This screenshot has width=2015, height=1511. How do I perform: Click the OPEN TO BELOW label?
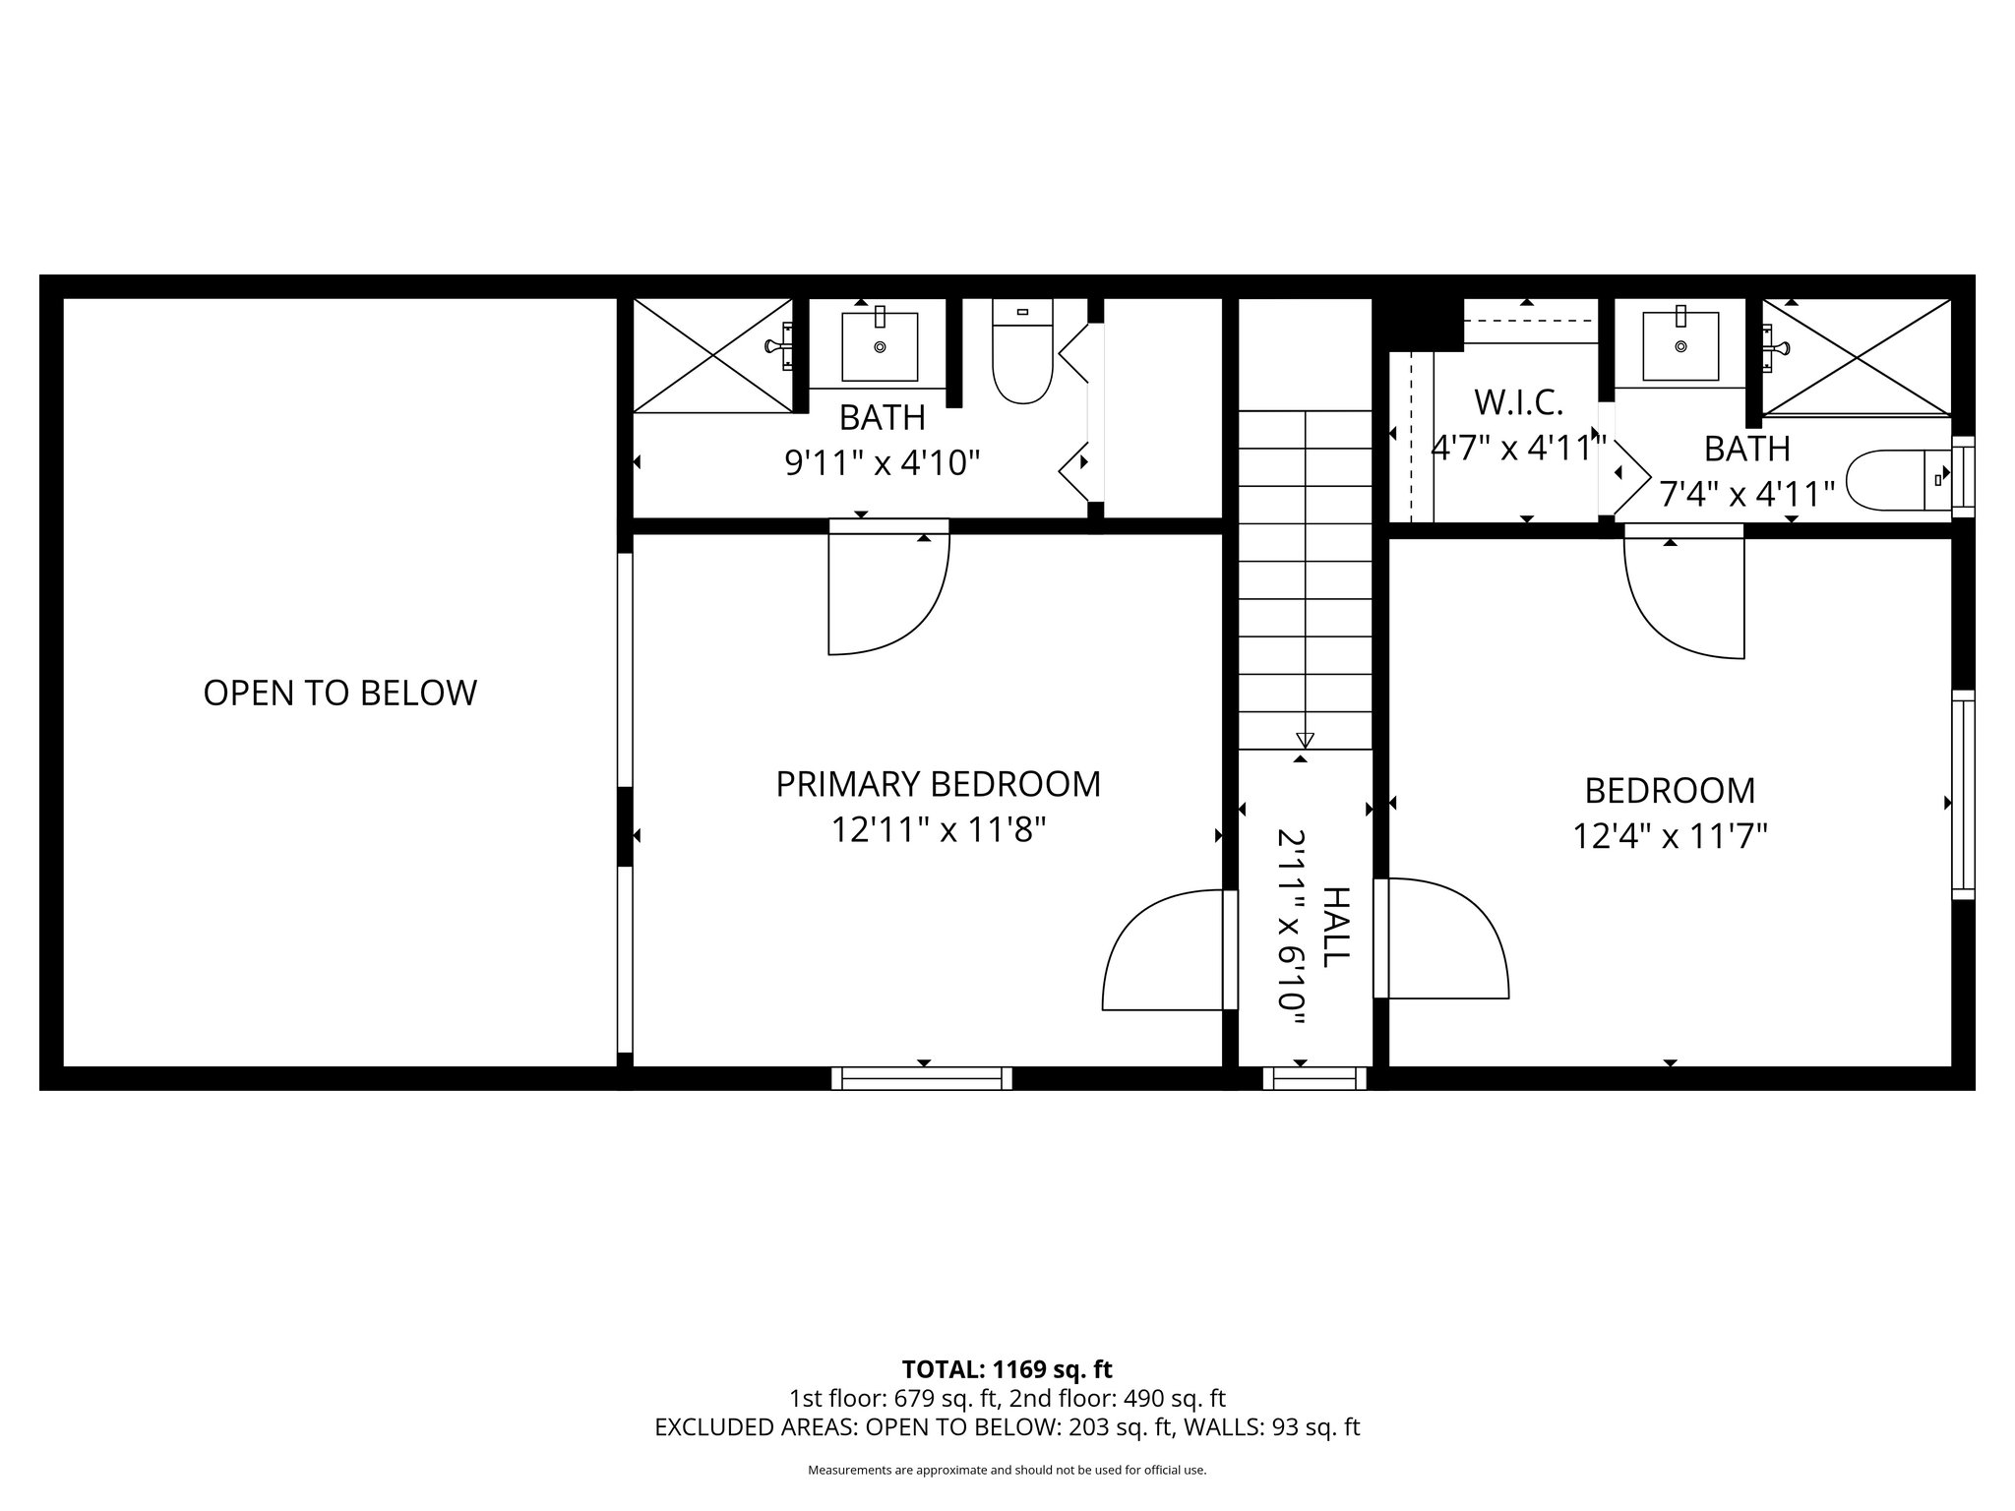coord(339,694)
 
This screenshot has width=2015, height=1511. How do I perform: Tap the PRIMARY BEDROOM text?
coord(938,785)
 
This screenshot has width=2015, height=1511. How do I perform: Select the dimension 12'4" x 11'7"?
coord(1670,837)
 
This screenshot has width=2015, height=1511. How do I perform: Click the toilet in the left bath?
coord(1023,354)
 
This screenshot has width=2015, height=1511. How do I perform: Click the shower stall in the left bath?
coord(712,355)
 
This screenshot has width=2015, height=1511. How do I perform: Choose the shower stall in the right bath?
coord(1856,357)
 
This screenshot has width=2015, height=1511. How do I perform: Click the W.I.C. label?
coord(1518,402)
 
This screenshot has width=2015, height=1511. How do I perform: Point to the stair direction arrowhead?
coord(1306,740)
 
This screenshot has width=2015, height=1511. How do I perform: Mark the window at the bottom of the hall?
coord(1314,1078)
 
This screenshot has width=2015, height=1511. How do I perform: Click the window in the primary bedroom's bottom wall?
coord(922,1078)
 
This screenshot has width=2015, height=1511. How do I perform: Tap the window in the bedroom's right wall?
coord(1963,795)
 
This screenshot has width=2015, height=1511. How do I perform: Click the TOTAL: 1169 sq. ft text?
coord(1007,1369)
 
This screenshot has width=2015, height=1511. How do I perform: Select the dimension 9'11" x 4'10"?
coord(883,462)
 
